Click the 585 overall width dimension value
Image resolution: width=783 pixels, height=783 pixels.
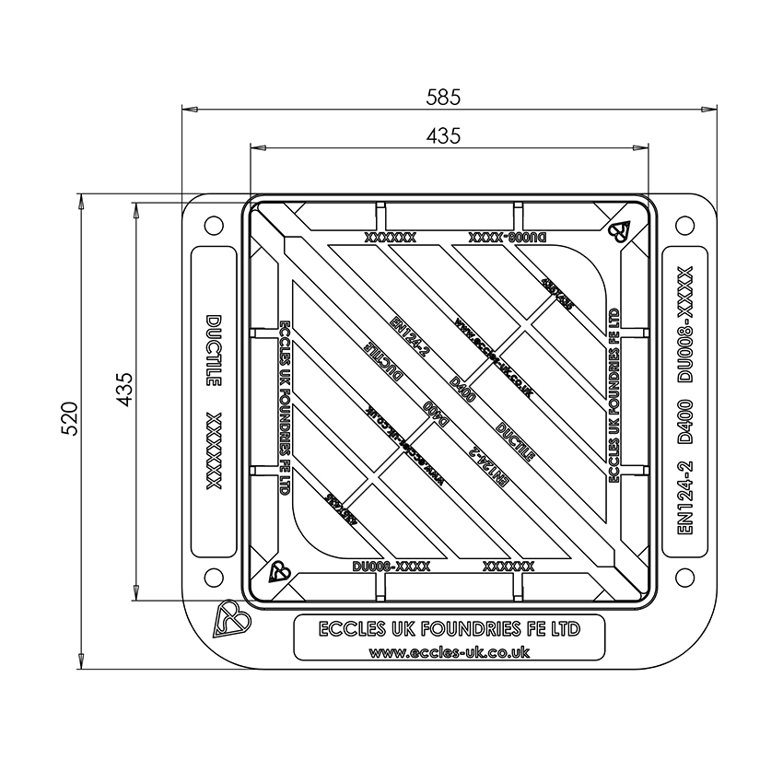[x=443, y=96]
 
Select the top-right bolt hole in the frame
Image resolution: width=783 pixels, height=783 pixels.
[x=684, y=225]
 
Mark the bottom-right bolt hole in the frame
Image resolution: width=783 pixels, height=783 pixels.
[x=684, y=578]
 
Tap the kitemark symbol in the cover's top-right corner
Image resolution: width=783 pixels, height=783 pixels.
[x=618, y=230]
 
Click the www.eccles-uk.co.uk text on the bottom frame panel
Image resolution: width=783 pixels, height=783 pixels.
[x=449, y=651]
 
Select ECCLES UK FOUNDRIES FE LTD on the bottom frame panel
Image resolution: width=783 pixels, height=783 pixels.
[x=449, y=630]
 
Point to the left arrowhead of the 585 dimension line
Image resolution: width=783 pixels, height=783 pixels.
[x=185, y=109]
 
